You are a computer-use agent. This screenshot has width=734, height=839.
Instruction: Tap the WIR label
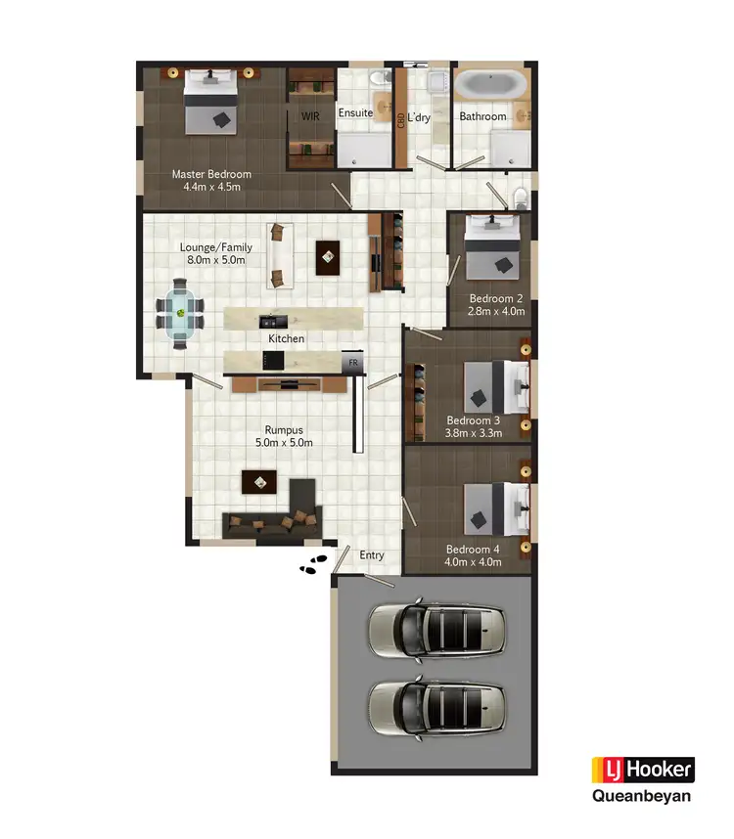[x=310, y=116]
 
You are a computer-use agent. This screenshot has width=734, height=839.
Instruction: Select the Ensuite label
[x=355, y=113]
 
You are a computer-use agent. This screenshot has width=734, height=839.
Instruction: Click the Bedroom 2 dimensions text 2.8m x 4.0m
[x=496, y=312]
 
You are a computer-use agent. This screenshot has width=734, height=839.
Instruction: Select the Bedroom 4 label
[x=474, y=549]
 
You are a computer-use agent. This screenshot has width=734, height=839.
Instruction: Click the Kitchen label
[x=287, y=338]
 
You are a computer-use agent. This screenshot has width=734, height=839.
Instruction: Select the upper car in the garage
[x=436, y=629]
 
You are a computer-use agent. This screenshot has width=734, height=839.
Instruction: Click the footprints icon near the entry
[x=313, y=565]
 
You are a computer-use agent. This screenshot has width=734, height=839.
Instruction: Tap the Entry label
[x=372, y=555]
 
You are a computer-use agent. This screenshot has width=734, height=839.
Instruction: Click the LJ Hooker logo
[x=642, y=770]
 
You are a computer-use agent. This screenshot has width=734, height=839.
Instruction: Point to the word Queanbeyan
[x=642, y=796]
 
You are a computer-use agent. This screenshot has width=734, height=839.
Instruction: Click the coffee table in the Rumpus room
[x=259, y=480]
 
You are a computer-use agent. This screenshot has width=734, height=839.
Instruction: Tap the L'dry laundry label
[x=419, y=117]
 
